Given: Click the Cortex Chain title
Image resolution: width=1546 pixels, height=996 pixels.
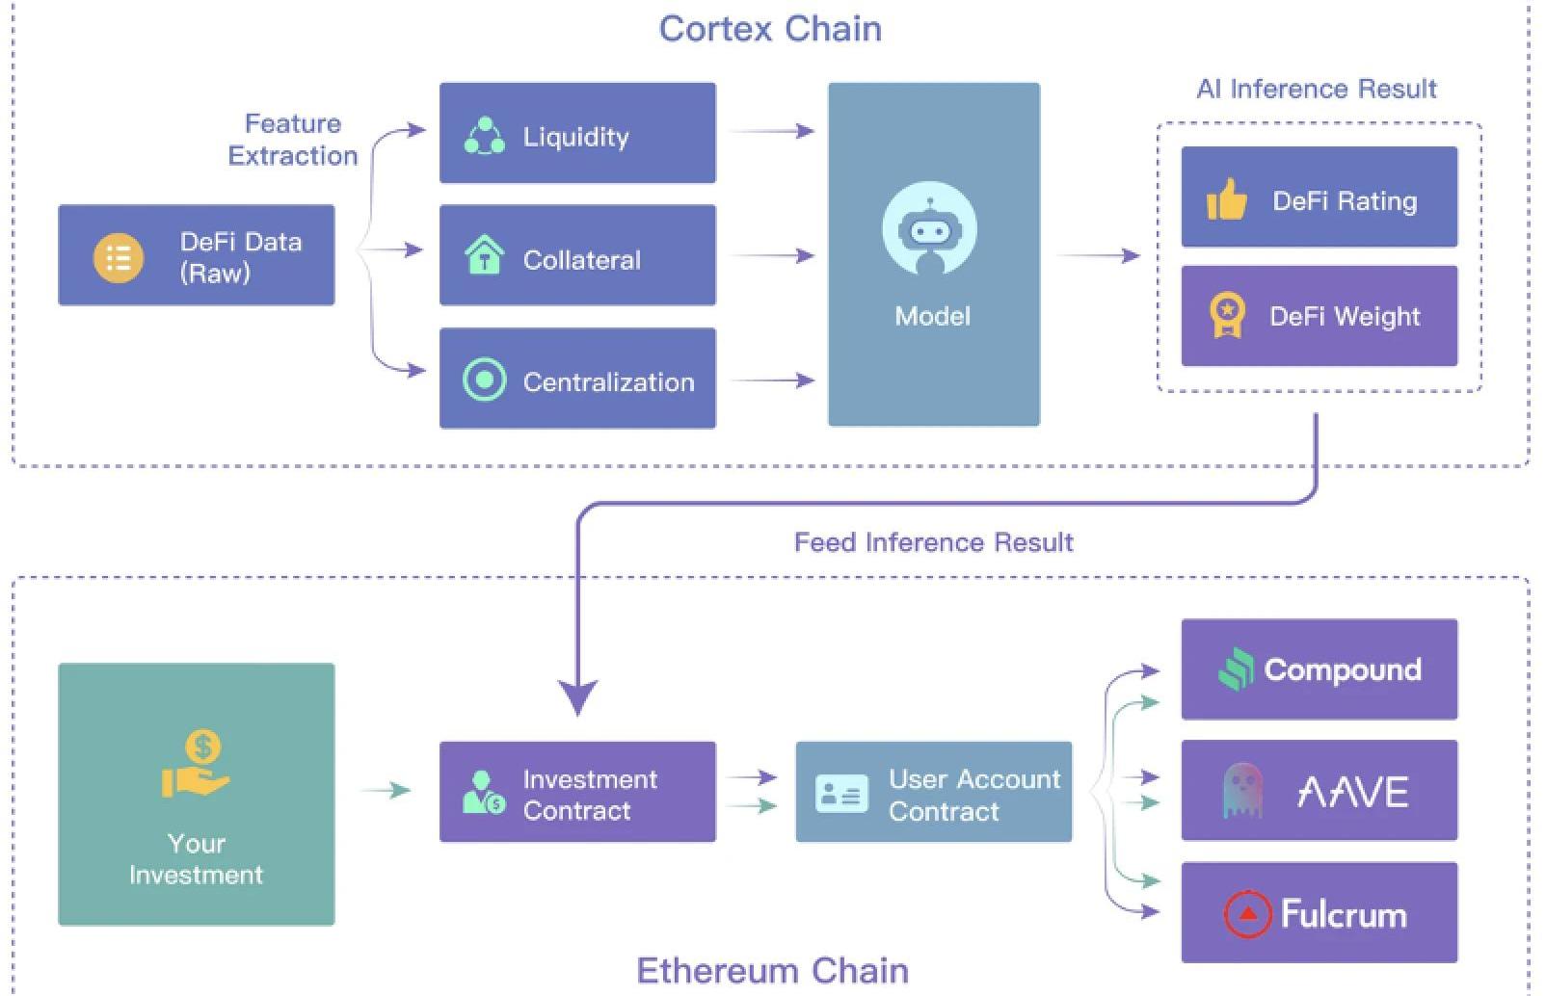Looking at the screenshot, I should click(x=770, y=29).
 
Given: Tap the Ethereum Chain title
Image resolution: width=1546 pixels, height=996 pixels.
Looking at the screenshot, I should click(x=772, y=970).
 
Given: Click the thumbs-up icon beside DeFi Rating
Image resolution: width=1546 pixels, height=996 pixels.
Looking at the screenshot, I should click(x=1226, y=199).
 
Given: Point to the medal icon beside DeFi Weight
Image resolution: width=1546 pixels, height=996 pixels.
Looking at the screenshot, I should click(x=1226, y=316).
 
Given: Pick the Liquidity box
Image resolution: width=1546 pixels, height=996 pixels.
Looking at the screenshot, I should click(x=577, y=133).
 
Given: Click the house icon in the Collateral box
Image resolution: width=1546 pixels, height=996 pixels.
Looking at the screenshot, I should click(x=484, y=256).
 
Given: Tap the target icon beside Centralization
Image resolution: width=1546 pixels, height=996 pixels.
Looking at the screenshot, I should click(x=484, y=380).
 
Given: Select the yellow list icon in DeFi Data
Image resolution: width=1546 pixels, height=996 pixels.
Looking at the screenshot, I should click(x=118, y=257).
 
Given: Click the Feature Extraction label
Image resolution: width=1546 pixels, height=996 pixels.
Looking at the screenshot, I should click(x=292, y=140).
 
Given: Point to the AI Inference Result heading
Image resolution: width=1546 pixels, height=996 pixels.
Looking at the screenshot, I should click(x=1316, y=90).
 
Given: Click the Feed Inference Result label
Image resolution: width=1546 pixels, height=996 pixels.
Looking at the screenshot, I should click(x=933, y=542).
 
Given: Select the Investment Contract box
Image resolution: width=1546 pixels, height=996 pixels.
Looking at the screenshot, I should click(x=577, y=792).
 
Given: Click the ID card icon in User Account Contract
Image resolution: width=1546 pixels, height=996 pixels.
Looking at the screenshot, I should click(x=840, y=794).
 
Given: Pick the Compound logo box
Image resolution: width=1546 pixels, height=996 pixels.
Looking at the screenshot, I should click(x=1319, y=669).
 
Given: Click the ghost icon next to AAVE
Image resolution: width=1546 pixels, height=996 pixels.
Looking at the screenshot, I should click(x=1241, y=791).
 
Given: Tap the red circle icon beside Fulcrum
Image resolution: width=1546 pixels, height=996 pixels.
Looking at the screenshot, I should click(x=1247, y=913).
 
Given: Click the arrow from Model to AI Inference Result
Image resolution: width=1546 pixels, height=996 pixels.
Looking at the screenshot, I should click(x=1099, y=256).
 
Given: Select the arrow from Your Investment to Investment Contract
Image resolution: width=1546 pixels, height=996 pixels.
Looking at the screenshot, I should click(x=386, y=791).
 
